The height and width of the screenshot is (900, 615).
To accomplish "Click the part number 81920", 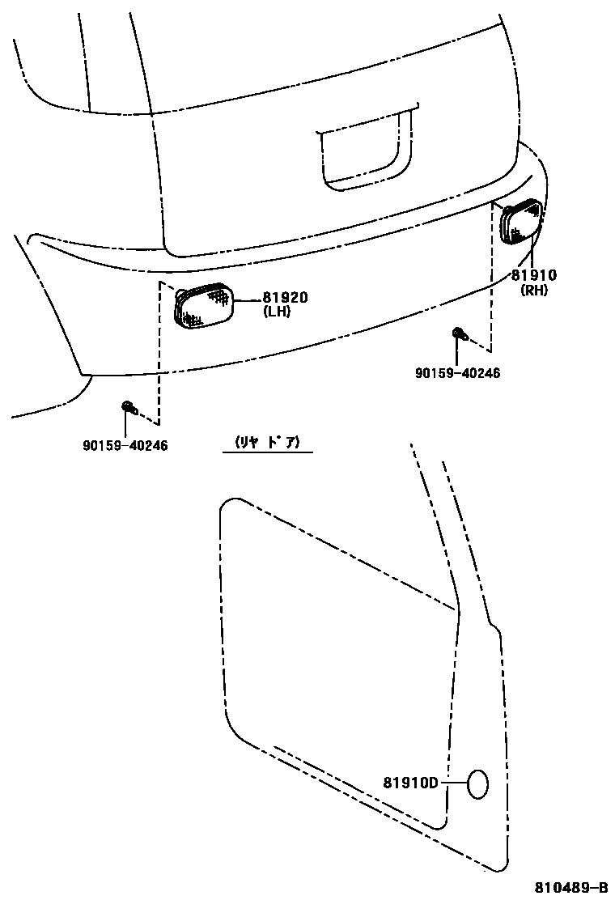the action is click(x=285, y=298).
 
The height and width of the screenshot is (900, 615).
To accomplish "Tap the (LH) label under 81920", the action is click(x=276, y=312).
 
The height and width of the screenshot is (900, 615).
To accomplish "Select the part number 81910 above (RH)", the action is click(x=534, y=276).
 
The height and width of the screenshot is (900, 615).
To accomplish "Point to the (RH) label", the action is click(x=534, y=291).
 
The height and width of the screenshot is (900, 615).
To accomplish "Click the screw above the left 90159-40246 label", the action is click(x=127, y=406).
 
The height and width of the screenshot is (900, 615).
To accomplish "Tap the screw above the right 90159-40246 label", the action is click(x=458, y=333).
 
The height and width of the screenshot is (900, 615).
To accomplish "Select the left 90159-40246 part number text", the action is click(x=125, y=445).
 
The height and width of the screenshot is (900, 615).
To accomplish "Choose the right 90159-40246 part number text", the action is click(x=458, y=373).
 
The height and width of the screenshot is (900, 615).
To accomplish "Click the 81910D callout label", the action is click(x=410, y=783).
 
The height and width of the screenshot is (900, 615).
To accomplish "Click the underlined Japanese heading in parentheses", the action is click(x=267, y=442).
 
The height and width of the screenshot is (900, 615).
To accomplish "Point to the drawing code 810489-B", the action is click(x=570, y=887).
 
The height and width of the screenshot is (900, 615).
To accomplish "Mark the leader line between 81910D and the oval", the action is click(x=452, y=783).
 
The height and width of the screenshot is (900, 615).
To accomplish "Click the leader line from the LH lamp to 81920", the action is click(x=247, y=299).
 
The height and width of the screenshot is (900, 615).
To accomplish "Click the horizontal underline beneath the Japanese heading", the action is click(x=267, y=452).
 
